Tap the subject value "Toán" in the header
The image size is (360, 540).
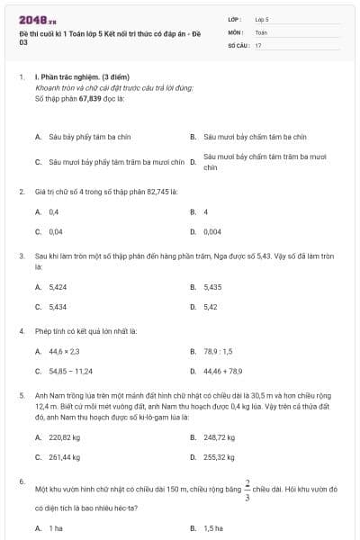coord(261,31)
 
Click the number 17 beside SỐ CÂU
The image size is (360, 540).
coord(258,44)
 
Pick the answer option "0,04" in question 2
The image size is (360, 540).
coord(55,231)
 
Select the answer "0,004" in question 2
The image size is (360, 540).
coord(212,231)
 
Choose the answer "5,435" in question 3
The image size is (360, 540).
coord(212,287)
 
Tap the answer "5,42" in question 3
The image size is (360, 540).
coord(211,306)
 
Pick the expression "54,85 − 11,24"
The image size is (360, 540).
coord(71,371)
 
